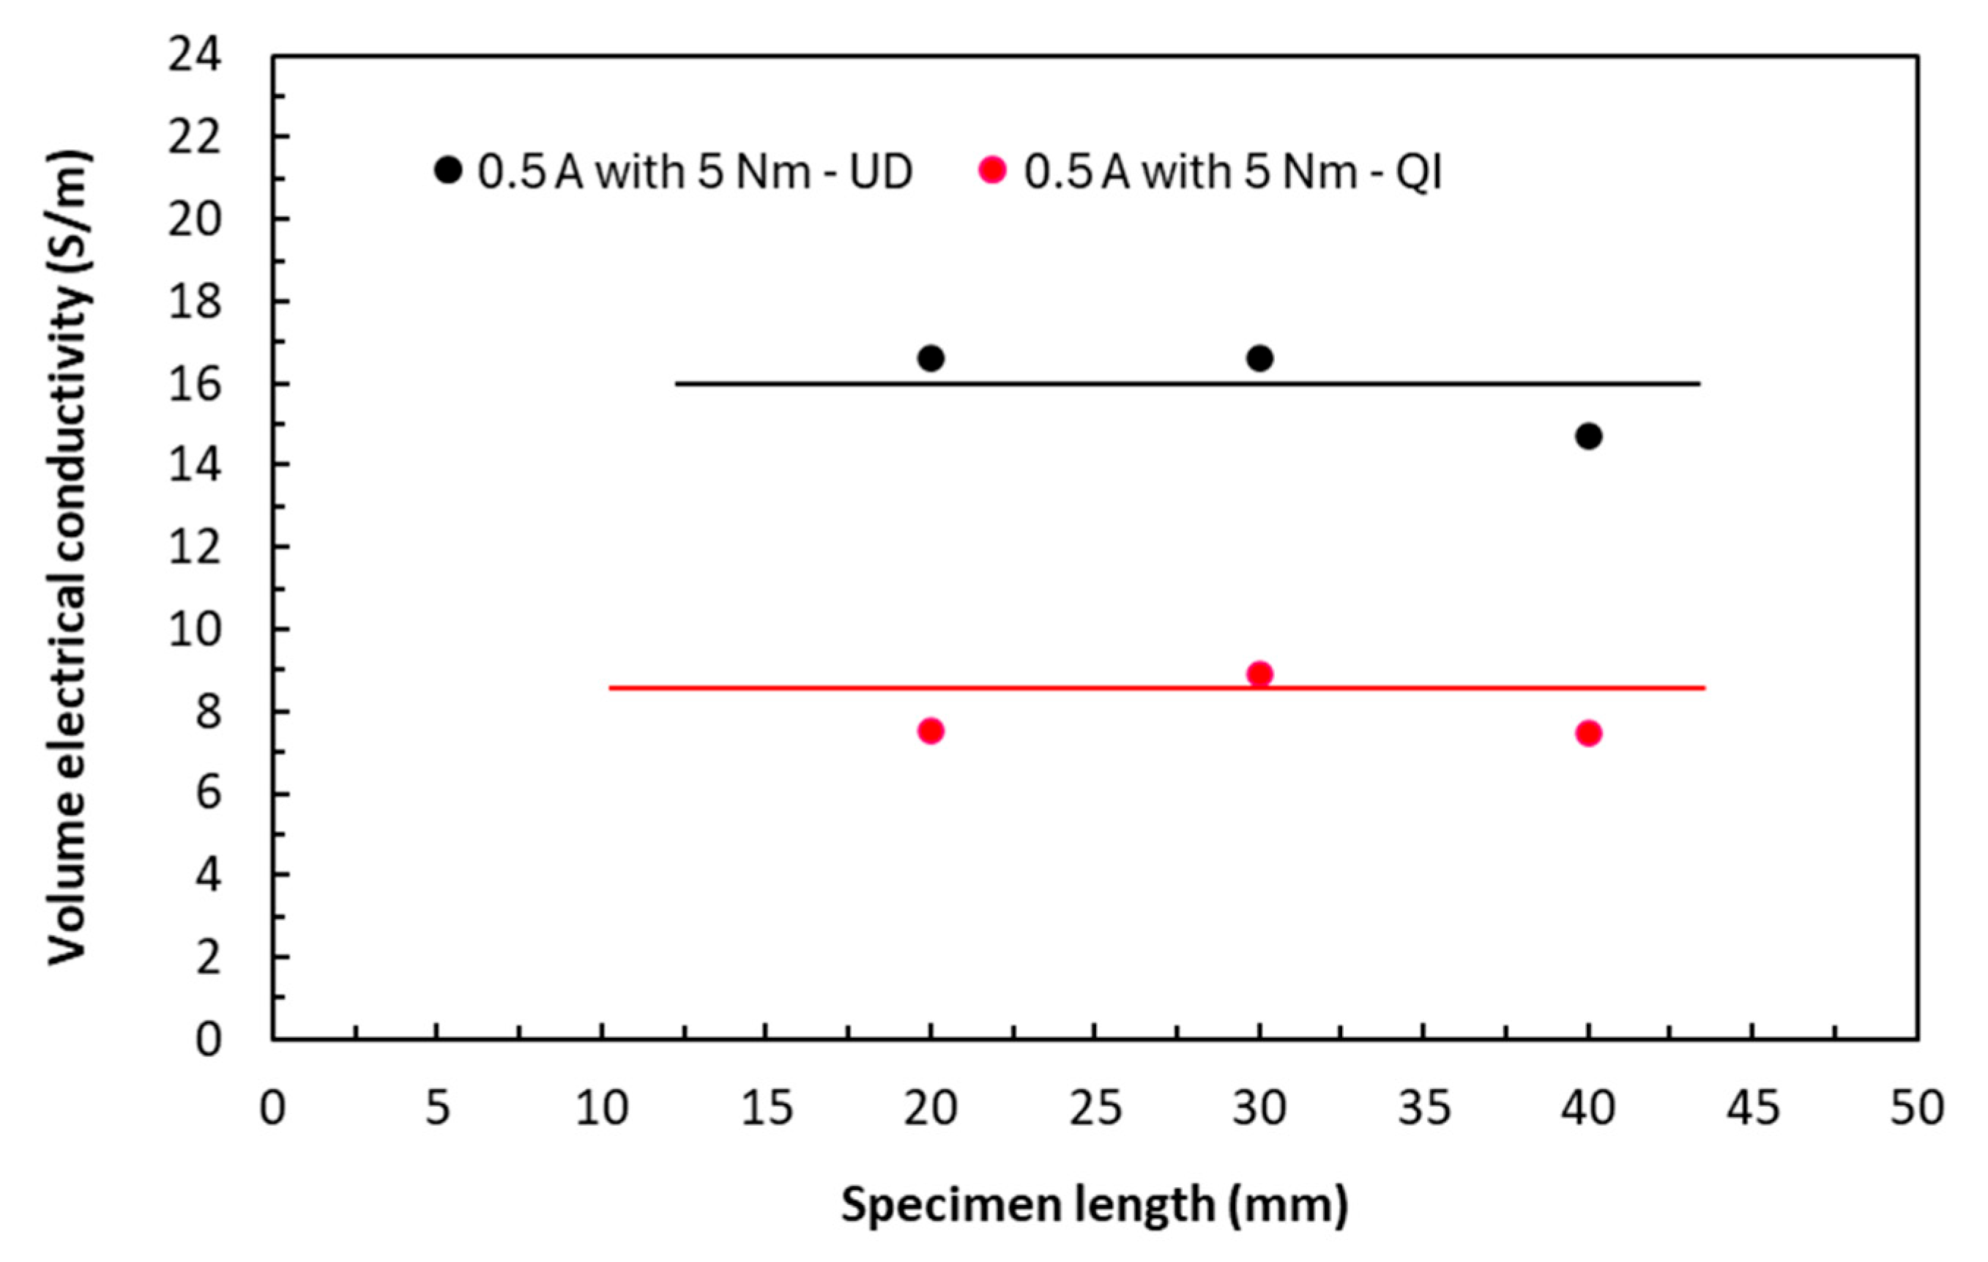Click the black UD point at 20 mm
click(x=931, y=358)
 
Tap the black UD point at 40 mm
click(x=1588, y=436)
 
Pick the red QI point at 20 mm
click(x=931, y=731)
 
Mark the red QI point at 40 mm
click(x=1588, y=732)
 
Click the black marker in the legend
click(x=447, y=170)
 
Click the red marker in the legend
click(x=992, y=170)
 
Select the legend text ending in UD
click(x=695, y=172)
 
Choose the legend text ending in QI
click(x=1233, y=172)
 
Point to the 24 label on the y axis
click(x=195, y=58)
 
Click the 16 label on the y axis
click(x=195, y=384)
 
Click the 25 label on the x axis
click(x=1095, y=1108)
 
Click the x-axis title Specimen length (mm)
click(x=1095, y=1205)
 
